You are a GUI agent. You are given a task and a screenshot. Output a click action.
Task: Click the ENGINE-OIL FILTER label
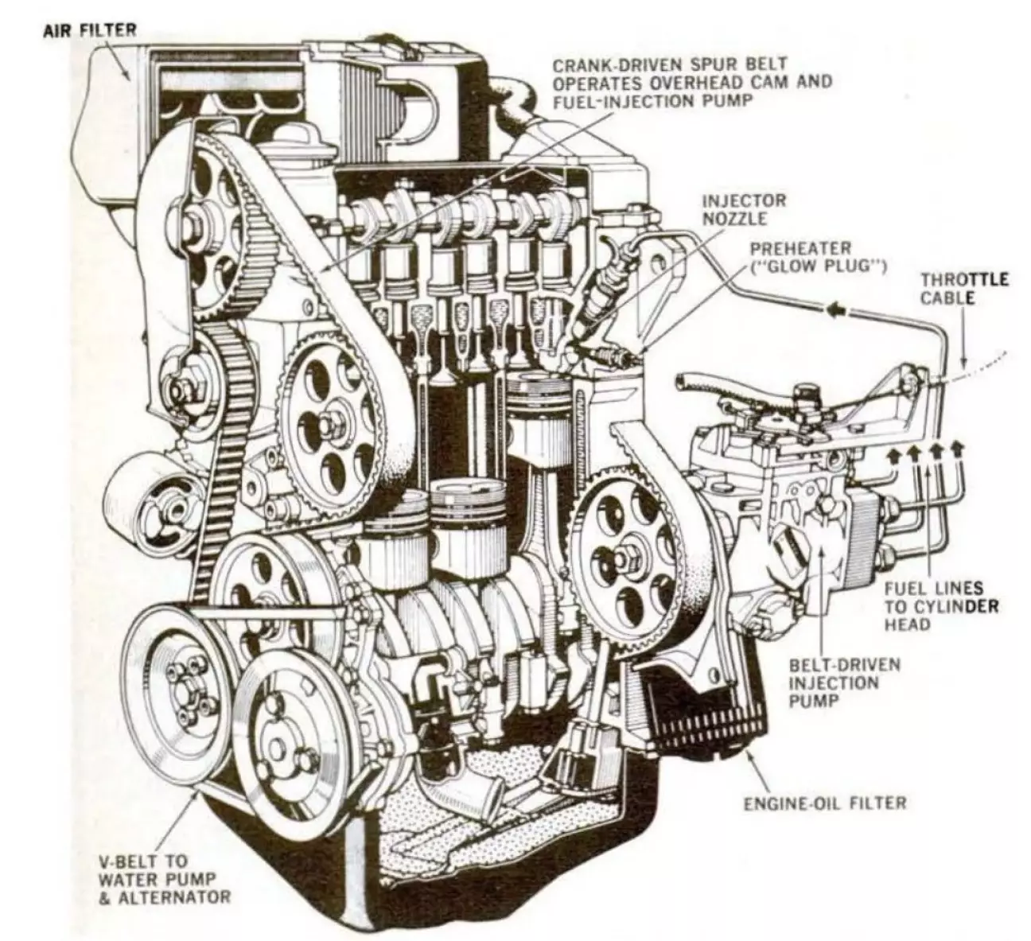tap(824, 802)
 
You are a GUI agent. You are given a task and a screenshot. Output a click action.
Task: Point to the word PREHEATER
tap(792, 249)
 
